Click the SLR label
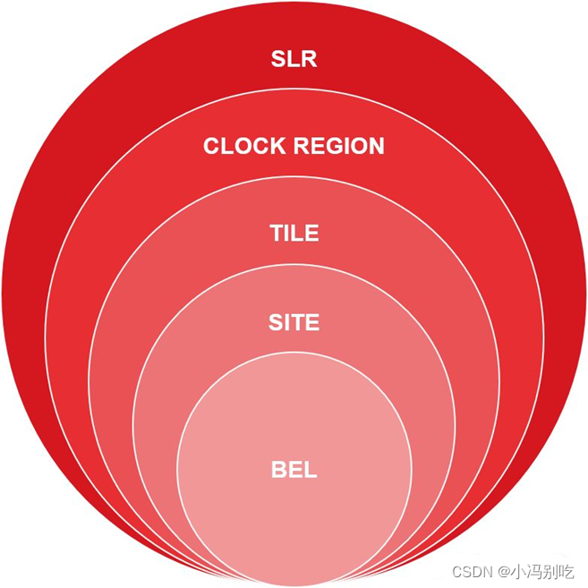294,60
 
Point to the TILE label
294,234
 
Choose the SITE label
294,322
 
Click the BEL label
294,469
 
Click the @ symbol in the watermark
505,571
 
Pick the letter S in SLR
278,60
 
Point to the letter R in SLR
309,60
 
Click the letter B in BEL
278,469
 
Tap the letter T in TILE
277,234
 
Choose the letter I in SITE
287,322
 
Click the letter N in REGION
376,146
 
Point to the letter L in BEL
310,469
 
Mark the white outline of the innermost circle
177,469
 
